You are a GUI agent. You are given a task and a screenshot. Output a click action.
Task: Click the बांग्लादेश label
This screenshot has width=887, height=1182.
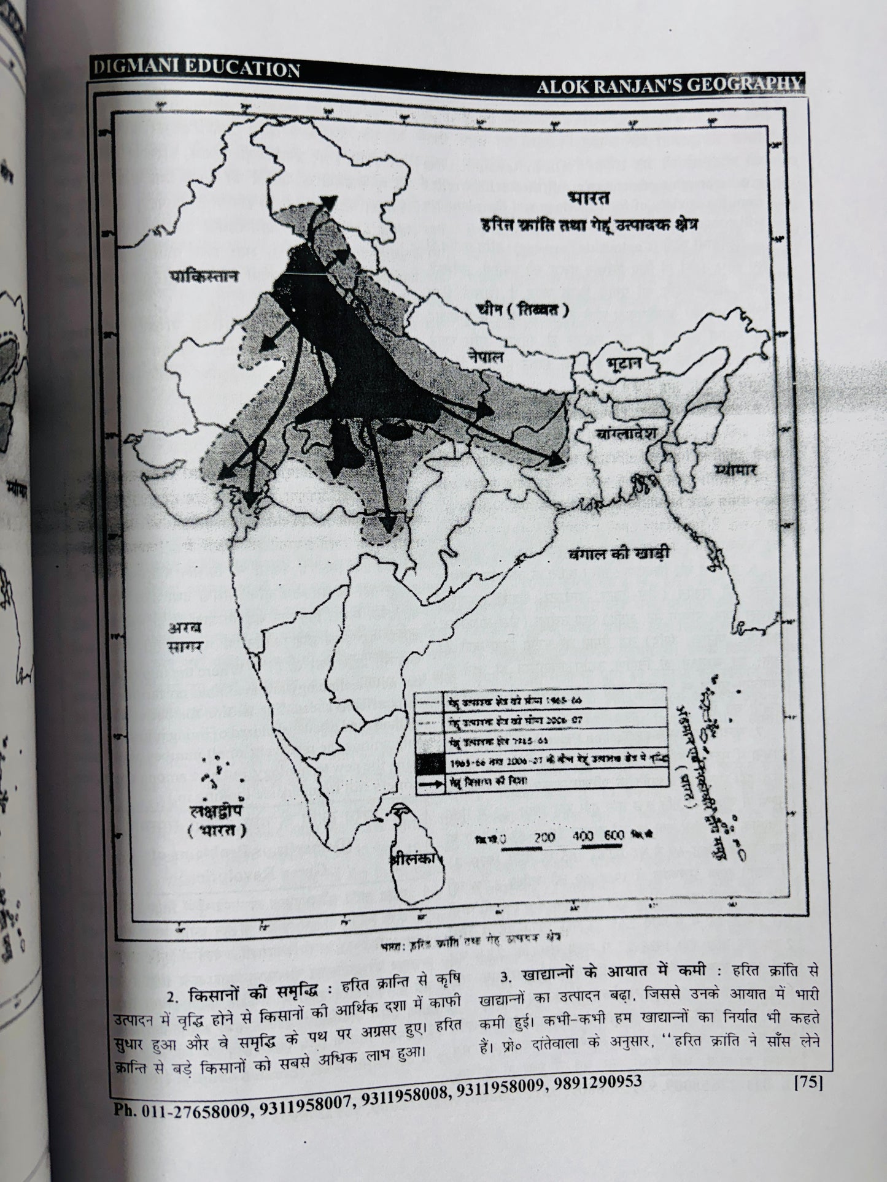[x=626, y=433]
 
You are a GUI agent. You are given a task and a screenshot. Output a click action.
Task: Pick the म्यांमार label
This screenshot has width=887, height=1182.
[x=736, y=470]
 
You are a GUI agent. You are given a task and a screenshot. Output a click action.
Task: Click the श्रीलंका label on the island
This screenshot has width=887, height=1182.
[x=416, y=859]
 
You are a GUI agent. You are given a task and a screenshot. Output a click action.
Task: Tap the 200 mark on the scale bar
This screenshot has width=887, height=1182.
[x=544, y=837]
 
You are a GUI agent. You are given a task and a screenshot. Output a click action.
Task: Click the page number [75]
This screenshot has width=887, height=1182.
[x=807, y=1083]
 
